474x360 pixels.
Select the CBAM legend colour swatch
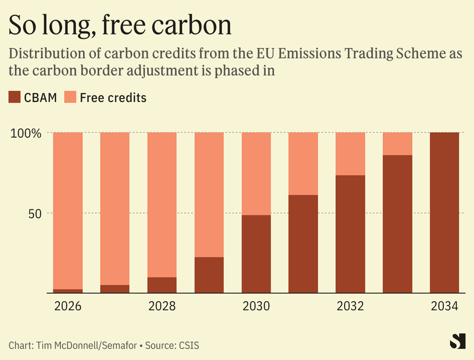tap(15, 97)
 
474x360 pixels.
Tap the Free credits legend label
tap(113, 97)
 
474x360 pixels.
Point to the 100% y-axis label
tap(26, 133)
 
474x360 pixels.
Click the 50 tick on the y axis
tap(34, 213)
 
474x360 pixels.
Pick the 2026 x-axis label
tap(68, 307)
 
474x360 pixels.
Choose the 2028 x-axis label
tap(162, 307)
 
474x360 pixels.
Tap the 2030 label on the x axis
tap(256, 307)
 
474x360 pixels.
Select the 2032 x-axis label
tap(351, 307)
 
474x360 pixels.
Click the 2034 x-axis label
tap(444, 307)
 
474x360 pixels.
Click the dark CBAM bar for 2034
tap(444, 212)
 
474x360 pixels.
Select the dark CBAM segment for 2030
tap(256, 254)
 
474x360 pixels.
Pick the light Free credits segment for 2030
tap(256, 173)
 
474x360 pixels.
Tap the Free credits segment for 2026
tap(68, 211)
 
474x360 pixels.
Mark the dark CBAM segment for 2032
tap(351, 234)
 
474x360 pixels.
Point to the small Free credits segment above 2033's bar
tap(397, 144)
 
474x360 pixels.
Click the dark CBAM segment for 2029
tap(209, 275)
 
